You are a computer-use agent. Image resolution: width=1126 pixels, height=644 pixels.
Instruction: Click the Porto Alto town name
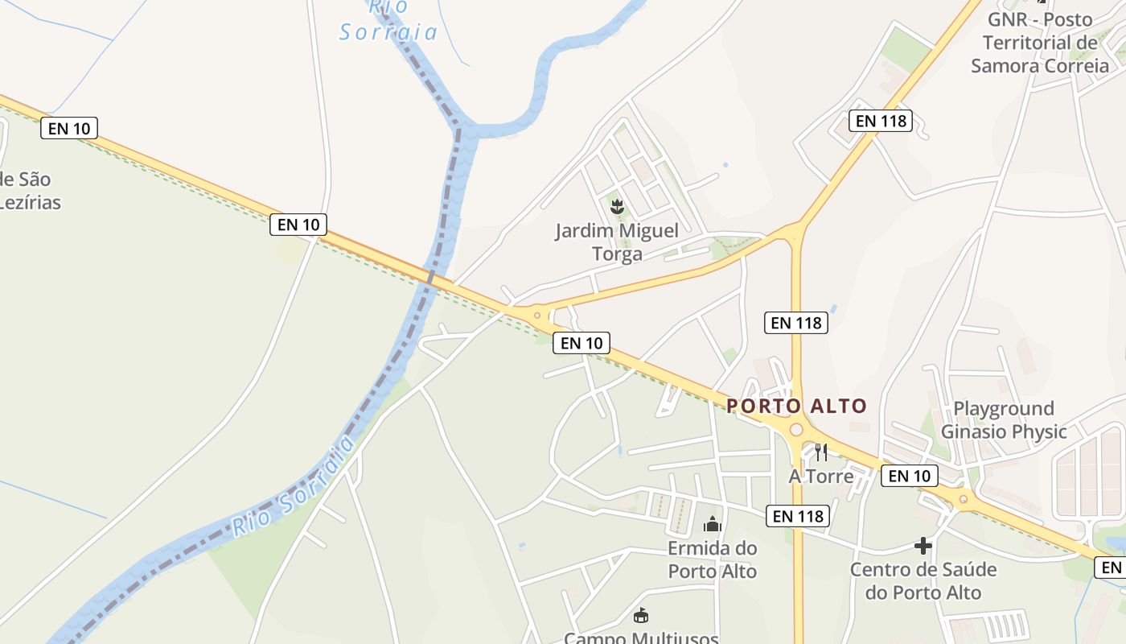[x=796, y=406]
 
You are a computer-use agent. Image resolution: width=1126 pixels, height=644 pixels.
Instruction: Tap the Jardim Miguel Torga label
[x=617, y=242]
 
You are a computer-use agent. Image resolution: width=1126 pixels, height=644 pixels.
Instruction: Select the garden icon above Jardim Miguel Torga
[x=617, y=207]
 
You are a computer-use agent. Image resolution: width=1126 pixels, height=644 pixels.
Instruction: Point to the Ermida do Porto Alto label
[x=713, y=559]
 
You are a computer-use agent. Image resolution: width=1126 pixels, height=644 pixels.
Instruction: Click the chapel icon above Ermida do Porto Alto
[x=713, y=525]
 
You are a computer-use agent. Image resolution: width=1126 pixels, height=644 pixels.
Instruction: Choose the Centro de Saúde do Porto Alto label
[x=923, y=581]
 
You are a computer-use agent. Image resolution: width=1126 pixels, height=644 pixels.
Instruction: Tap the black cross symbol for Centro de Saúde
[x=923, y=547]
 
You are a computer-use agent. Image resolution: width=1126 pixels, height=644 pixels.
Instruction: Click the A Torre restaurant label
[x=820, y=476]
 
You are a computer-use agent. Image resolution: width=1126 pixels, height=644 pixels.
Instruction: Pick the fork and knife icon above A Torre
[x=820, y=452]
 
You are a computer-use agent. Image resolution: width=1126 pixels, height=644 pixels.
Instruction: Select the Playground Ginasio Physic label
[x=1004, y=420]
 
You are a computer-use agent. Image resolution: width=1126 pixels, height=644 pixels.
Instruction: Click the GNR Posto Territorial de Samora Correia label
[x=1039, y=43]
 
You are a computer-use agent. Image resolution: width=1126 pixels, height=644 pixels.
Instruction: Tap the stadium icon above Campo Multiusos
[x=641, y=617]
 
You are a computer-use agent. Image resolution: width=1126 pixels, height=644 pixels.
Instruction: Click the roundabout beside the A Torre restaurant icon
[x=796, y=430]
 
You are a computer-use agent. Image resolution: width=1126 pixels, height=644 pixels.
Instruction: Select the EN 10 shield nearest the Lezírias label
[x=69, y=127]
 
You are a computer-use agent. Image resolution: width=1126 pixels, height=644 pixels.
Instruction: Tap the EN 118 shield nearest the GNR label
[x=881, y=121]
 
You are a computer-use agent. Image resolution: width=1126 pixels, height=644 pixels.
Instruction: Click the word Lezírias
[x=30, y=201]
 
